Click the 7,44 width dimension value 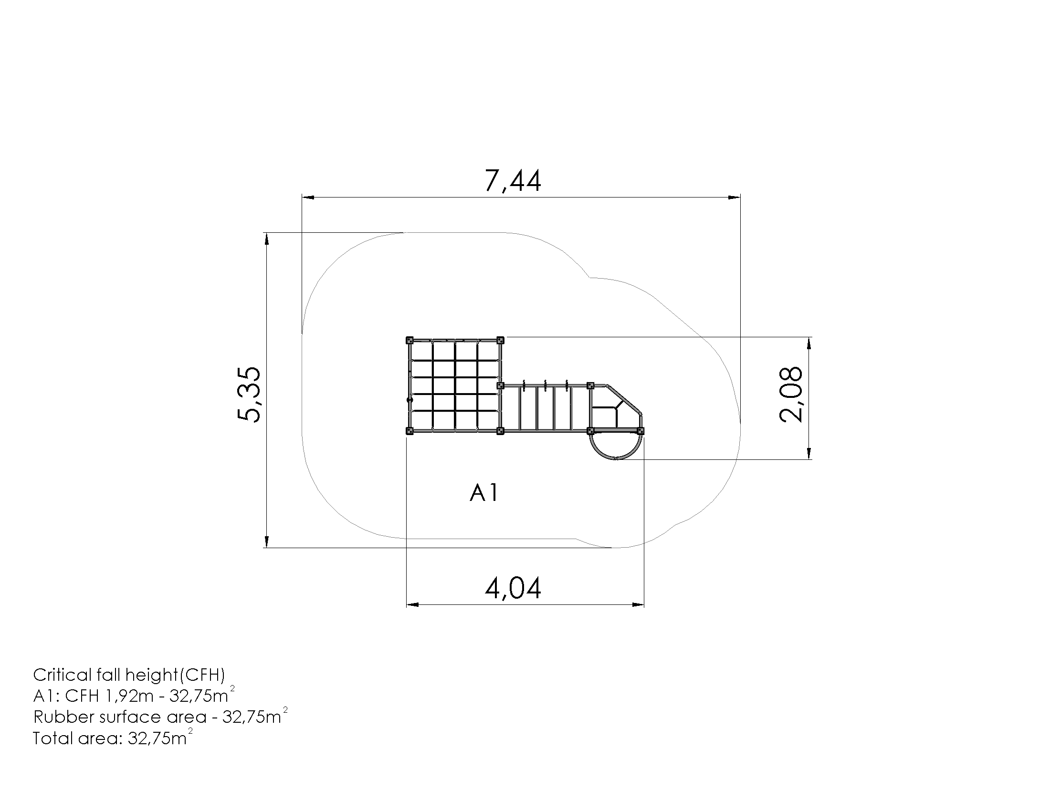click(513, 181)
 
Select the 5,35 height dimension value click(250, 395)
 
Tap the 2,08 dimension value click(791, 395)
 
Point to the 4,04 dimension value click(513, 589)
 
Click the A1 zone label click(484, 493)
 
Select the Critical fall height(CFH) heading click(129, 676)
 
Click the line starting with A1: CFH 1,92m click(134, 695)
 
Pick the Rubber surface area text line click(160, 716)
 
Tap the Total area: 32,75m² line click(113, 738)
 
